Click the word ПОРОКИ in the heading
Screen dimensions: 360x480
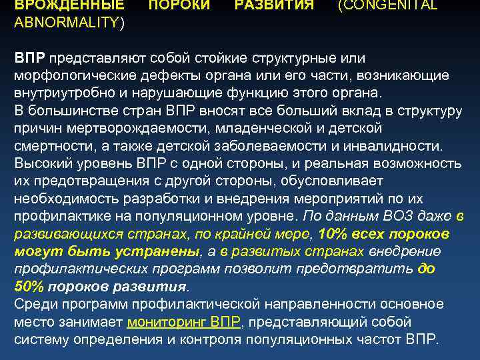[x=178, y=5]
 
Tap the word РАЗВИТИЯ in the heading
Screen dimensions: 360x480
[x=274, y=5]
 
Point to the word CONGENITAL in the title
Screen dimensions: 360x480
[x=389, y=5]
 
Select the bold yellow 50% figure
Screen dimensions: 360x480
[x=30, y=286]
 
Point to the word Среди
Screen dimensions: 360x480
[x=33, y=304]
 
